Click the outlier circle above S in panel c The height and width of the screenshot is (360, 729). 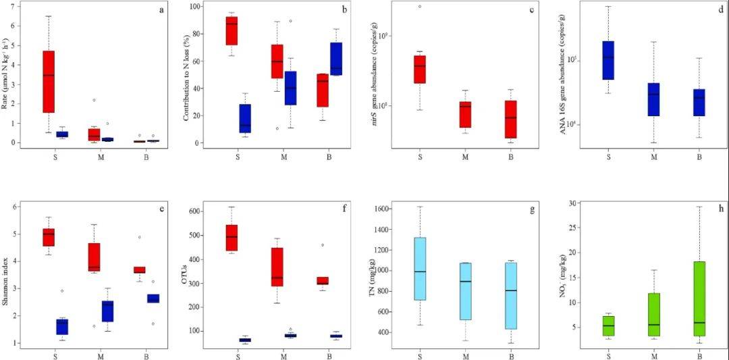tap(420, 7)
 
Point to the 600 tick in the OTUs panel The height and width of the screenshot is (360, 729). tap(194, 211)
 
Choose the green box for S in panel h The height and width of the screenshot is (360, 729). tap(609, 326)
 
